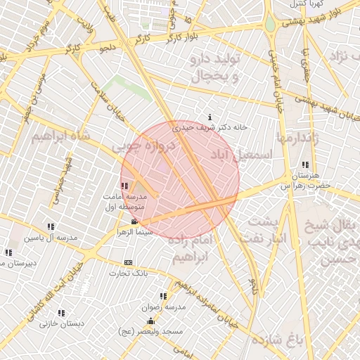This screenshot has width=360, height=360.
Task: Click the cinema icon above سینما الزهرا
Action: tap(134, 222)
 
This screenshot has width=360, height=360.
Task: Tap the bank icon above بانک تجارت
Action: tap(128, 263)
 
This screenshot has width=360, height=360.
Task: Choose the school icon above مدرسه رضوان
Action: tap(164, 297)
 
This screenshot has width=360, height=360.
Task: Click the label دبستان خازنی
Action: tap(62, 324)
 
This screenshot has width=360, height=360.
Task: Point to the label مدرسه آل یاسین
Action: tap(50, 238)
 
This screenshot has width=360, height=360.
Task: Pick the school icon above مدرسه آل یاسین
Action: tap(51, 226)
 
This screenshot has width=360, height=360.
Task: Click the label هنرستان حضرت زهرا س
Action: tap(305, 181)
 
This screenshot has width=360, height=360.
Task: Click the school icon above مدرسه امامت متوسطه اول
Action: tap(124, 186)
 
